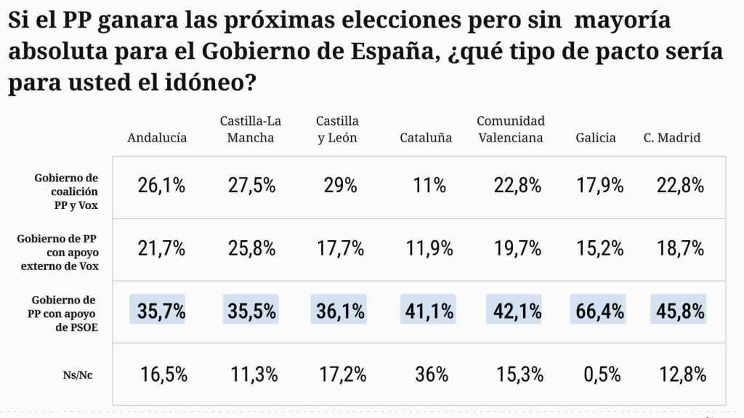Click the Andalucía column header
tap(157, 137)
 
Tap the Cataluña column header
tap(426, 137)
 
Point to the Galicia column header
tap(595, 137)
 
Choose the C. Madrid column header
tap(672, 137)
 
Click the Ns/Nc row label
tap(81, 375)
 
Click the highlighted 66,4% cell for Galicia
tap(597, 312)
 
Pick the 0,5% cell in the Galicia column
tap(602, 375)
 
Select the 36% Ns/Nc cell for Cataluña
tap(432, 375)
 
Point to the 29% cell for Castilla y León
tap(341, 186)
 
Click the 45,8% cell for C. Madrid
tap(678, 312)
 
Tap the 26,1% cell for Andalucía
tap(161, 186)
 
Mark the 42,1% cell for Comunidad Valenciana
tap(514, 312)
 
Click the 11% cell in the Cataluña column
tap(429, 186)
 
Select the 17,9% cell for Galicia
tap(599, 186)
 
